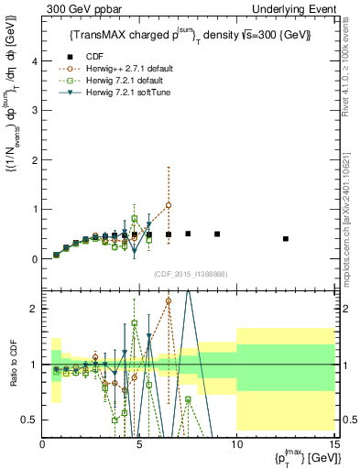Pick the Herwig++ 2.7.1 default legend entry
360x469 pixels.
pyautogui.click(x=138, y=67)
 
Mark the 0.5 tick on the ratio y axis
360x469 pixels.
pyautogui.click(x=32, y=420)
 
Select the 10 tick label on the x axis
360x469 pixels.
pyautogui.click(x=236, y=444)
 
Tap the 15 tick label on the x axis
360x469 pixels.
pyautogui.click(x=333, y=444)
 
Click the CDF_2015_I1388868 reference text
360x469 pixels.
pyautogui.click(x=190, y=274)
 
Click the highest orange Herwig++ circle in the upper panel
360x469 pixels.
pyautogui.click(x=169, y=205)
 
